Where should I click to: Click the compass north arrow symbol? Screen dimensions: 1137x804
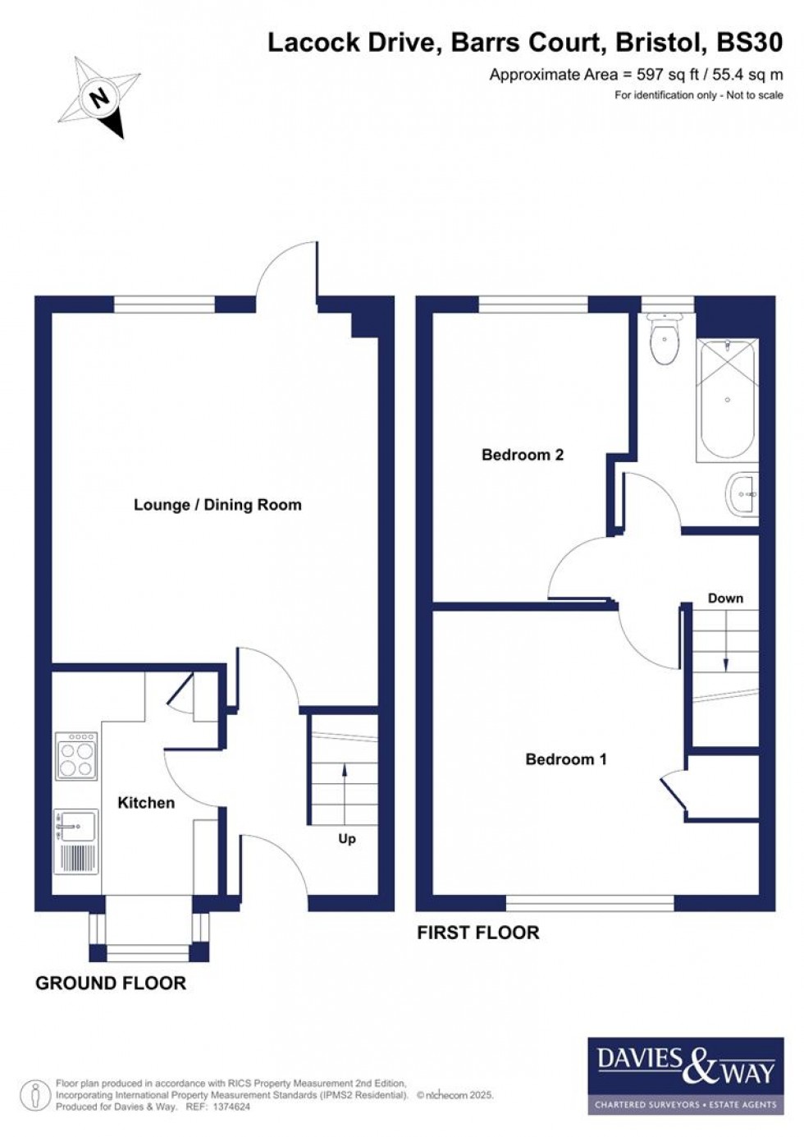99,98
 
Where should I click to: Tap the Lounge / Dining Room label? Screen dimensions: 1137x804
217,505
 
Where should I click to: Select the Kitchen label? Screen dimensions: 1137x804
146,803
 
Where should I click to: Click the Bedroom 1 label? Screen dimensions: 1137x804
566,759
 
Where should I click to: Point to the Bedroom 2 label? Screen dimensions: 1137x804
523,455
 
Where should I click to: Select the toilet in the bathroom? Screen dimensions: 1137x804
664,340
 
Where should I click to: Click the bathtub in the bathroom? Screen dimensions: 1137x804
727,400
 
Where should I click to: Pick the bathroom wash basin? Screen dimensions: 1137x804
743,495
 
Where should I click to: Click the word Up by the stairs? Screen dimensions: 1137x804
347,839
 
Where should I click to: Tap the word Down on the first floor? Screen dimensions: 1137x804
725,598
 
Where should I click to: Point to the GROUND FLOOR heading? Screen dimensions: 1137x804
111,983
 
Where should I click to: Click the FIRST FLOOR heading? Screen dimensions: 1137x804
478,933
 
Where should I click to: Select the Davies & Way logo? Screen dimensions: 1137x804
685,1075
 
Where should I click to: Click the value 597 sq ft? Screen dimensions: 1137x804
668,75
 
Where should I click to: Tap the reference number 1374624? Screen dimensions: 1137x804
231,1107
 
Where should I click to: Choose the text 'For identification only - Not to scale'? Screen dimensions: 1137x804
699,95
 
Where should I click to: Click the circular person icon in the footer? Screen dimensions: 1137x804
34,1095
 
